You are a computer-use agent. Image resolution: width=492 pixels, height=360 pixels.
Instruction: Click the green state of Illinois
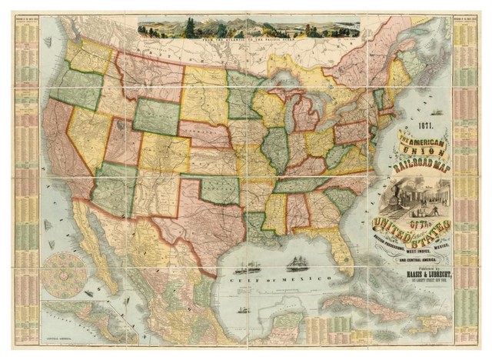pyautogui.click(x=275, y=149)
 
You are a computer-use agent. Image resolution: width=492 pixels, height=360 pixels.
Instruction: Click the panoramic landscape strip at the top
pyautogui.click(x=248, y=28)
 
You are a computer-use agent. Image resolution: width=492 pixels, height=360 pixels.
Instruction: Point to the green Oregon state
pyautogui.click(x=77, y=88)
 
